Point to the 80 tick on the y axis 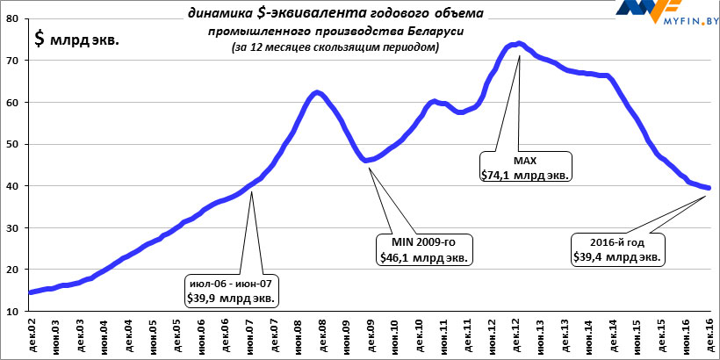coord(15,19)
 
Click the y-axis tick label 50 coord(15,144)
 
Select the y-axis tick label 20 coord(15,270)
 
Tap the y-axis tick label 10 coord(15,311)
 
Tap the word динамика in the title coord(219,13)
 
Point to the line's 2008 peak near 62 coord(318,92)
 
